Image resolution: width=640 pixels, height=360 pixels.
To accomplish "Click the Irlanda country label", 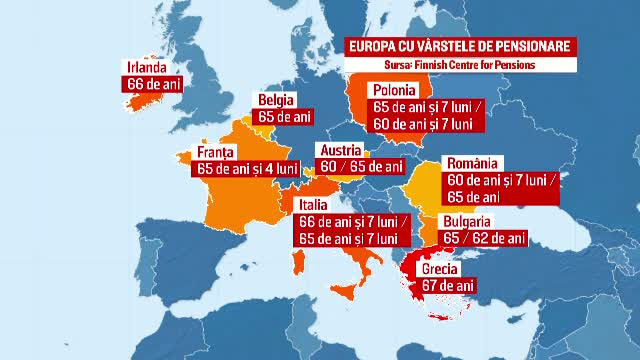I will tap(146, 67).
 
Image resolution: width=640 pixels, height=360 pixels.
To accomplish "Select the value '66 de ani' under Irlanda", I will tap(155, 84).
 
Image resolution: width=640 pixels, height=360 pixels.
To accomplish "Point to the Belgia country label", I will tap(276, 100).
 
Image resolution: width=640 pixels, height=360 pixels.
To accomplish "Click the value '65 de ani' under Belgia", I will tap(285, 117).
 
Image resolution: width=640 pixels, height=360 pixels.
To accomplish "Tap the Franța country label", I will tap(216, 152).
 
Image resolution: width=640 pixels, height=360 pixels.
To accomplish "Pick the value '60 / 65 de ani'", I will tap(361, 166).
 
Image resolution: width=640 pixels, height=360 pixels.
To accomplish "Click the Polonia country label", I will tap(393, 90).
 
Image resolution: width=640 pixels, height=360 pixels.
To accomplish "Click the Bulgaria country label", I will tap(463, 221).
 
